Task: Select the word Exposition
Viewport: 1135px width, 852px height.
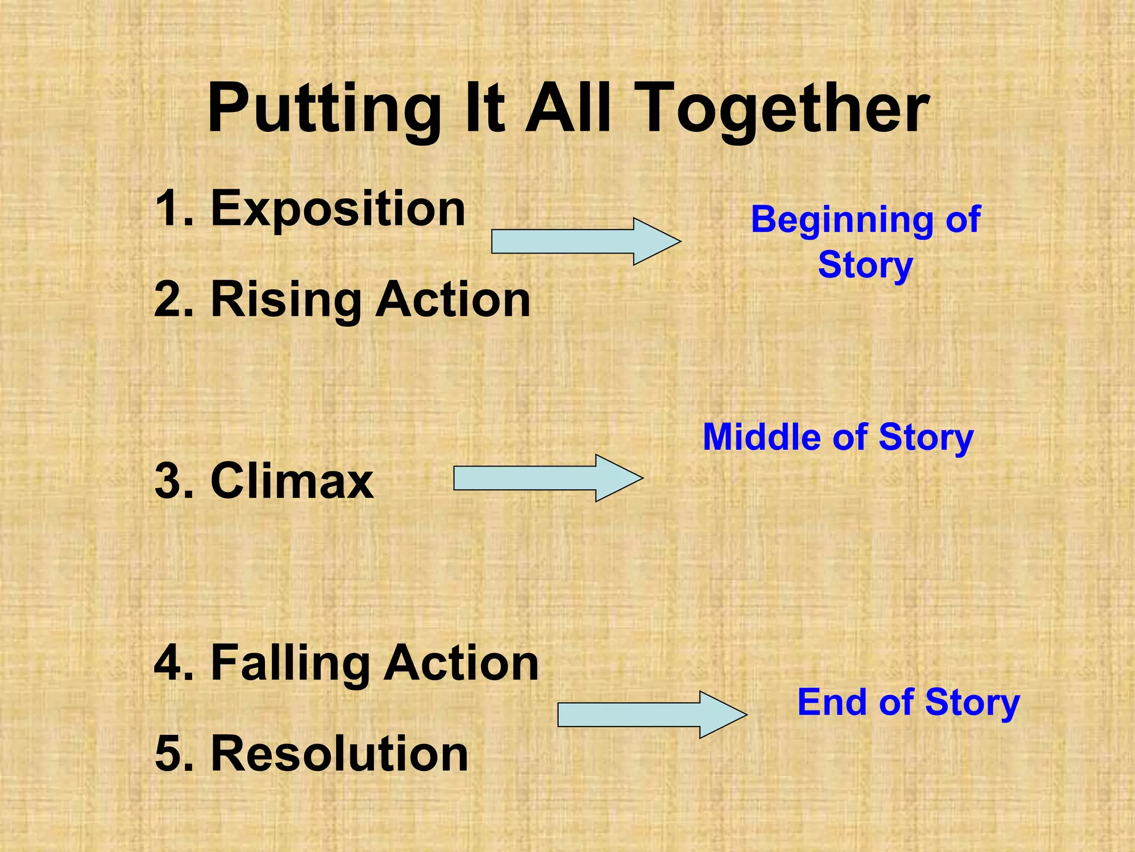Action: (338, 209)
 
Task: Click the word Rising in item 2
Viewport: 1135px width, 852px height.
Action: (286, 300)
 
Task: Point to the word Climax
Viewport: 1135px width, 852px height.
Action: (292, 481)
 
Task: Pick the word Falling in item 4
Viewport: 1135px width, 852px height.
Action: (290, 663)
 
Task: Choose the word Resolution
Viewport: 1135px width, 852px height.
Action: (340, 753)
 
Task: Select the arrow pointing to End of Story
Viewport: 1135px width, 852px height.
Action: (651, 714)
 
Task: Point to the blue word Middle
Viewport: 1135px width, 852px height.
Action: (763, 437)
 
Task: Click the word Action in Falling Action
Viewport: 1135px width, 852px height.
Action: (461, 663)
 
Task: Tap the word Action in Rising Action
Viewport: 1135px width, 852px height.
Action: (453, 300)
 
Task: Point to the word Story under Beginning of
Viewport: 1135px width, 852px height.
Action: (865, 265)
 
